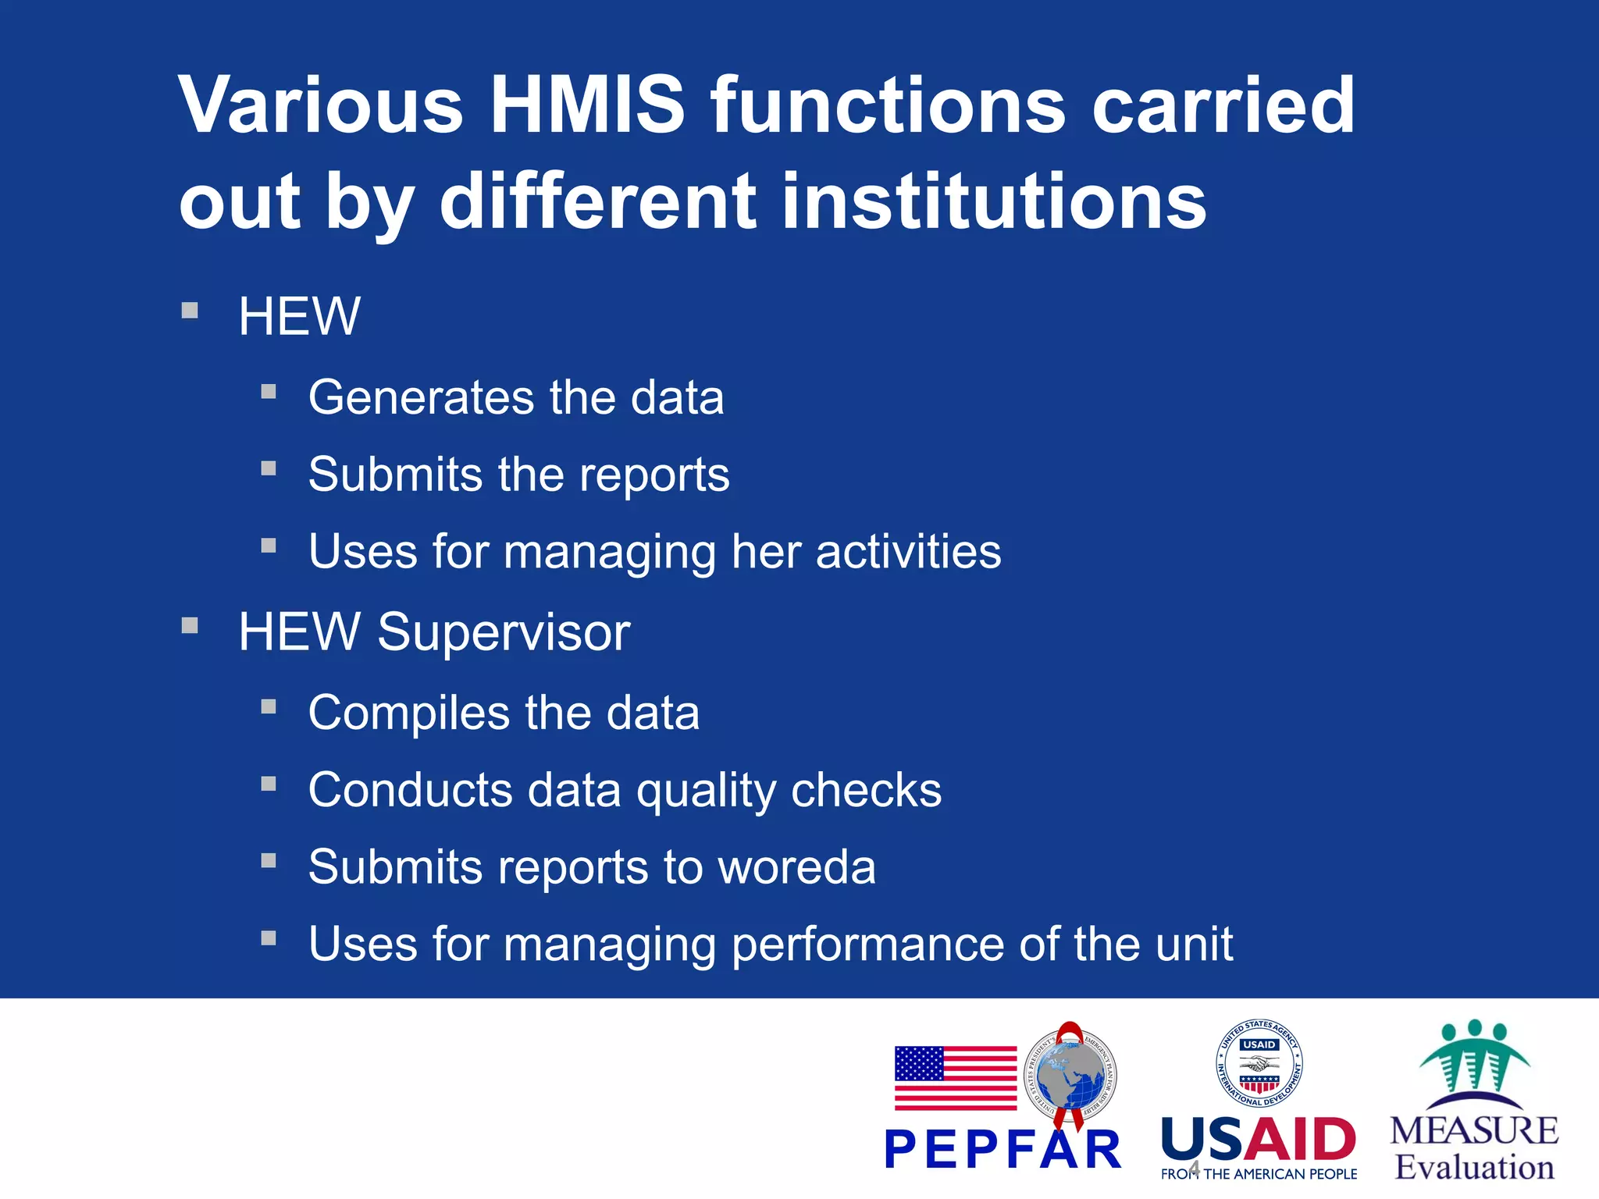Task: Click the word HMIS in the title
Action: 587,105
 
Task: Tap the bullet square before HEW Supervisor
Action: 189,625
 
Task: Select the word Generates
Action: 422,397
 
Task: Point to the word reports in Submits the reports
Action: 654,475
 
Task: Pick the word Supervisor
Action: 504,632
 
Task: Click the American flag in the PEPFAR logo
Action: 955,1078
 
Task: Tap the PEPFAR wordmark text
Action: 1003,1149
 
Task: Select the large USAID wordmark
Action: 1259,1139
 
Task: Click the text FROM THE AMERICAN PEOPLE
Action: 1259,1174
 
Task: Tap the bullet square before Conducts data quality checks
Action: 269,783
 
